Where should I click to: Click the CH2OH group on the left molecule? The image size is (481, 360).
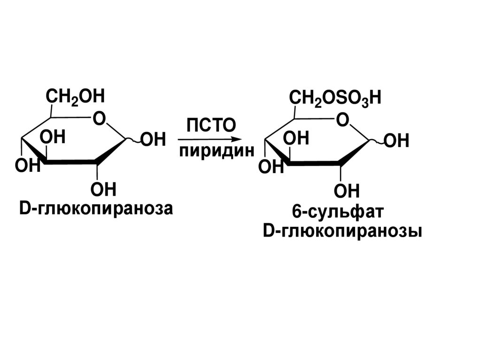coord(75,98)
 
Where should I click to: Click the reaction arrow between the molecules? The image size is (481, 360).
coord(209,139)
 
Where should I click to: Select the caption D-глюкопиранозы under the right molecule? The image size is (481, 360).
coord(342,232)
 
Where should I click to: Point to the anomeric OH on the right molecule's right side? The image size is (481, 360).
coord(397,141)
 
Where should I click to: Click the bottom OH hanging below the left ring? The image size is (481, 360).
coord(103,190)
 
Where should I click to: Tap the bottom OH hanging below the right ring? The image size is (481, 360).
coord(347,191)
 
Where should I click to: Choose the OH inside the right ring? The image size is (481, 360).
coord(297,139)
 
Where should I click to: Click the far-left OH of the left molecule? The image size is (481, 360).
coord(28,165)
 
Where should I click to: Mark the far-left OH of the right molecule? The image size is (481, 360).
coord(272,168)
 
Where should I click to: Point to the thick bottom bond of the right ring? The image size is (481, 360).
coord(314,163)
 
